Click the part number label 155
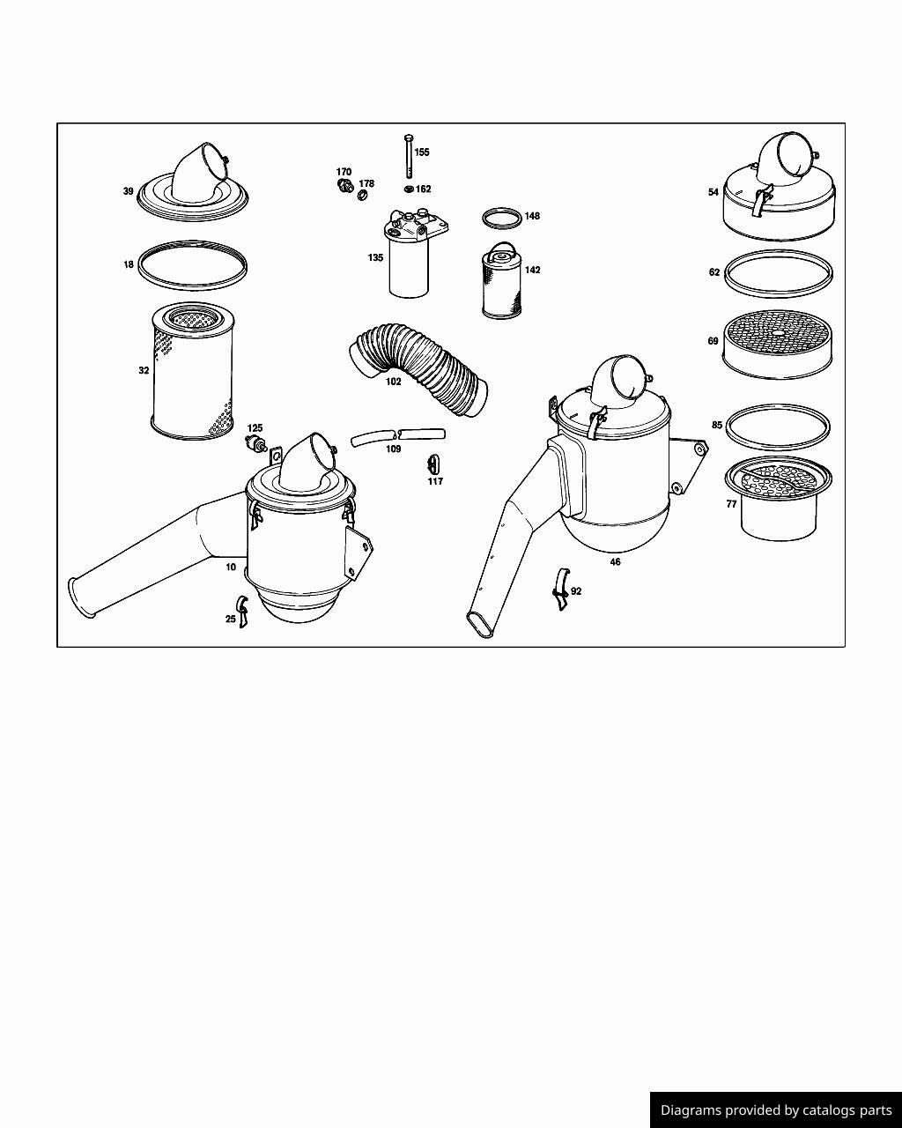[422, 152]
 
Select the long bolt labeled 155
[409, 156]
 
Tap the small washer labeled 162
[410, 189]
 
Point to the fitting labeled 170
[345, 186]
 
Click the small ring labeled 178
[362, 196]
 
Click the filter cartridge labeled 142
[501, 280]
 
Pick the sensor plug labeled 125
[256, 443]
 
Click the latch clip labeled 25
[242, 612]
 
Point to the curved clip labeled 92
[561, 590]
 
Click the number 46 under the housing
[616, 562]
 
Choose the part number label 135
[375, 258]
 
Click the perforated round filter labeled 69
[777, 345]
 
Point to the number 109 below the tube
[394, 449]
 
